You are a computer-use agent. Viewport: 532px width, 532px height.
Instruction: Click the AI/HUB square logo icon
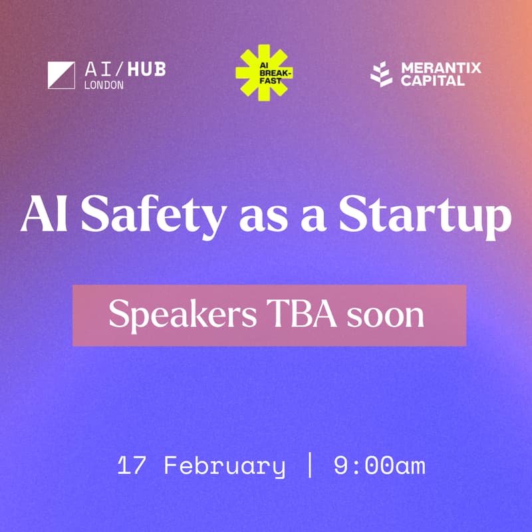point(61,74)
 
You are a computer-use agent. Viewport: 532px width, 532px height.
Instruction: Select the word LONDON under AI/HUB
point(104,85)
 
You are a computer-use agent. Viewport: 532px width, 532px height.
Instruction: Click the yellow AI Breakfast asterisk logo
point(264,72)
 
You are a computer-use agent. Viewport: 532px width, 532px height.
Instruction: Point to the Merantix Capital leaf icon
point(382,74)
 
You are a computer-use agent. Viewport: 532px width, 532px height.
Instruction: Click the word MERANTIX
point(440,68)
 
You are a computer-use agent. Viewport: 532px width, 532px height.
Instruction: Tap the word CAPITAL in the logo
point(433,81)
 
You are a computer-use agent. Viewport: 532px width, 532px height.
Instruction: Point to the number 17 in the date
point(131,465)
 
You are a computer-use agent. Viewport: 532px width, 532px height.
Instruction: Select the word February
point(224,465)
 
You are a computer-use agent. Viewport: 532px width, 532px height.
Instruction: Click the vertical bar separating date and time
point(309,465)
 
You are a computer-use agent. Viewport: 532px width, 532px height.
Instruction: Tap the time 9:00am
point(379,465)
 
